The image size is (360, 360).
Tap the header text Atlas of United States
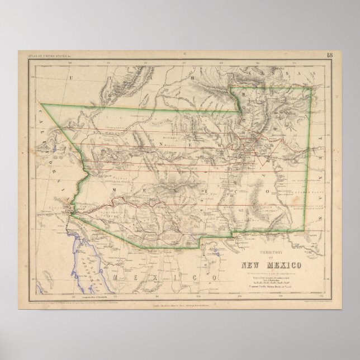coord(51,55)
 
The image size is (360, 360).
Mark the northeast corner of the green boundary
coord(311,88)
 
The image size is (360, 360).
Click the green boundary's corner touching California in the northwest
coord(41,105)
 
